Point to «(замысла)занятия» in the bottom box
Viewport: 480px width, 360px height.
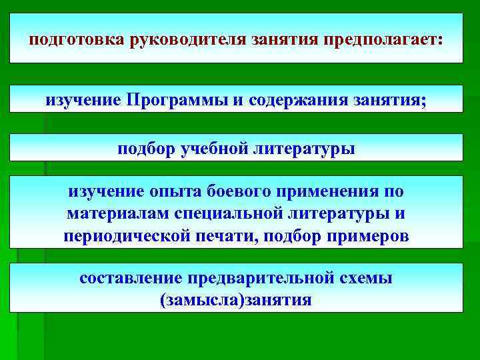coord(236,300)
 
